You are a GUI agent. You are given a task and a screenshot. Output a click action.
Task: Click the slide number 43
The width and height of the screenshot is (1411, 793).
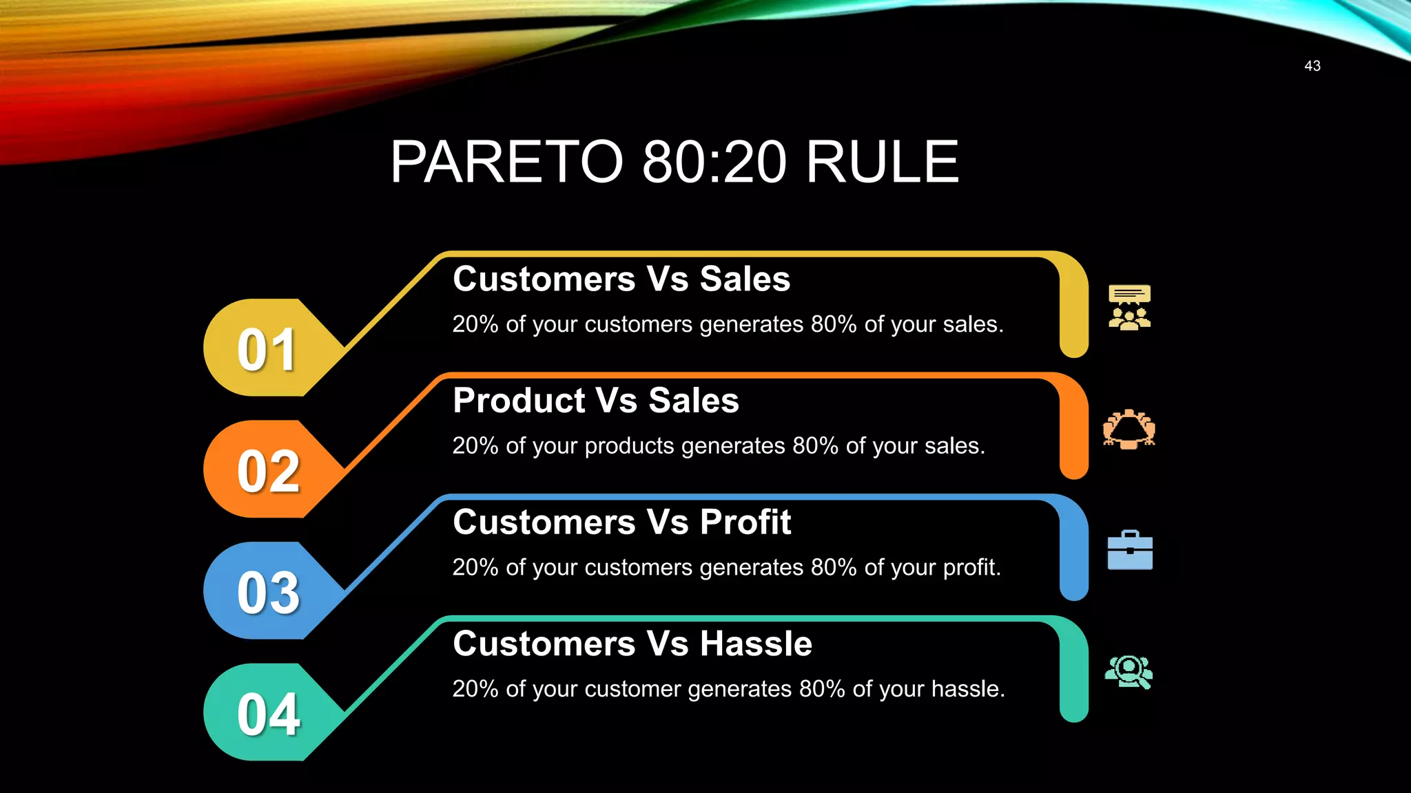(x=1312, y=66)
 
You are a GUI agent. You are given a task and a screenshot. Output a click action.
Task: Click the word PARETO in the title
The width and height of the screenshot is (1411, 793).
(x=506, y=162)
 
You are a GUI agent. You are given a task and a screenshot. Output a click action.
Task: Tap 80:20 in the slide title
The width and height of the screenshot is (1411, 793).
(x=714, y=162)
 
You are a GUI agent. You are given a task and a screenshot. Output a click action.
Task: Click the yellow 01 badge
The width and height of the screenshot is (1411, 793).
(x=267, y=349)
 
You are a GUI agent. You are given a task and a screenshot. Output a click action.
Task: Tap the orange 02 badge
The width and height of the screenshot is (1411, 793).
(x=267, y=471)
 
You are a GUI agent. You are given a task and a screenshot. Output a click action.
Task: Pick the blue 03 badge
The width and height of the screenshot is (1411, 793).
(x=267, y=592)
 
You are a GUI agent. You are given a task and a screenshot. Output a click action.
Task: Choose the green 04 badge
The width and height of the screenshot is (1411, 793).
(x=267, y=714)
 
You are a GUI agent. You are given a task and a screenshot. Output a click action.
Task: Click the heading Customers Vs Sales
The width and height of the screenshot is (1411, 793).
(x=621, y=279)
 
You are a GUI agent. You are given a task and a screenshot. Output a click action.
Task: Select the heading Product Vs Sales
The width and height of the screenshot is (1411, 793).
(x=596, y=401)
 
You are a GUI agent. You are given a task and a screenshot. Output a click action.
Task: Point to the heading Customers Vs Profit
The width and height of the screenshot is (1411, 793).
(x=621, y=522)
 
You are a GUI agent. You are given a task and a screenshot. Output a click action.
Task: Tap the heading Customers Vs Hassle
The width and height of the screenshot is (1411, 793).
(x=632, y=644)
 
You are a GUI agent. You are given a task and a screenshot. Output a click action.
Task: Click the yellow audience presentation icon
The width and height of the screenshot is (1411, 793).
(x=1129, y=308)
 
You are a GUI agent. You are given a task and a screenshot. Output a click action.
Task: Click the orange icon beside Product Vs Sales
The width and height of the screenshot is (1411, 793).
(x=1129, y=430)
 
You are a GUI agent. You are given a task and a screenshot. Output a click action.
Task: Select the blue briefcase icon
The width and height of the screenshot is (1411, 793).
(x=1130, y=551)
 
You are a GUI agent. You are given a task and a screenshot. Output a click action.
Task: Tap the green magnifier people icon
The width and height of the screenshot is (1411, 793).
(x=1129, y=672)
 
